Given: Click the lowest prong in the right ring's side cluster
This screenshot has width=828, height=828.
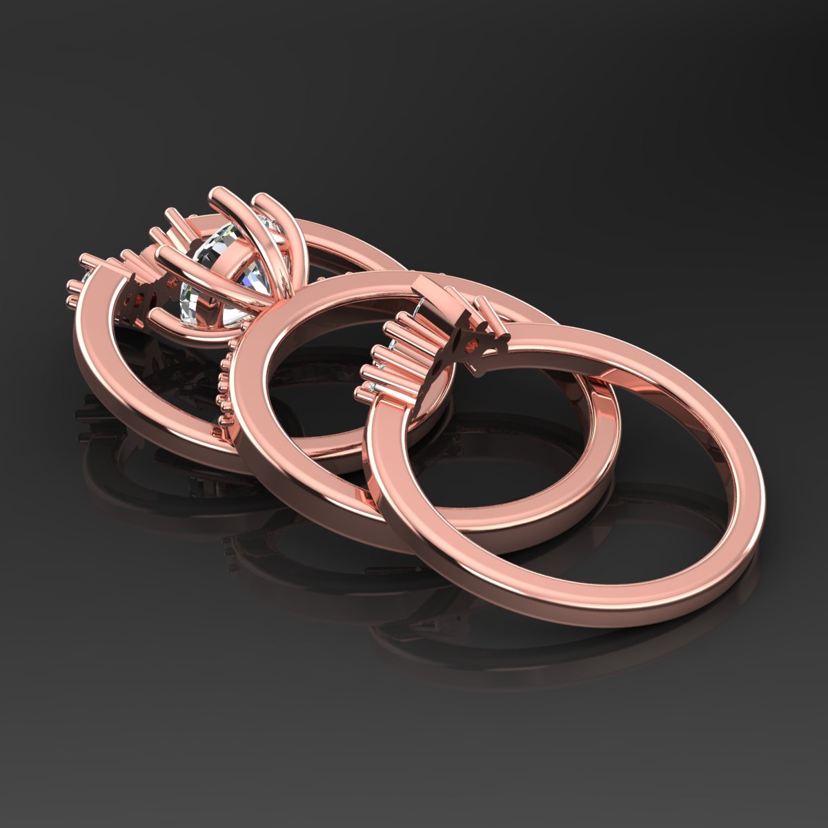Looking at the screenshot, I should coord(364,393).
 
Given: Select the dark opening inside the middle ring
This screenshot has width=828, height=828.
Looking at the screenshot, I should coord(331,386).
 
